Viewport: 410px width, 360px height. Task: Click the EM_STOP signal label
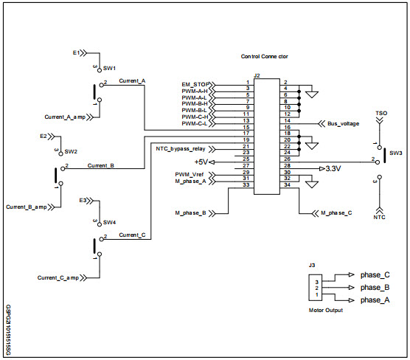(193, 84)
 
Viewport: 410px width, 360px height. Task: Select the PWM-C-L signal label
(195, 123)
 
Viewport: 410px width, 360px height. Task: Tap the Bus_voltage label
(343, 124)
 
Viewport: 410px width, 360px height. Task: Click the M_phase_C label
(336, 213)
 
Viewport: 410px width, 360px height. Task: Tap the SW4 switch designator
(108, 222)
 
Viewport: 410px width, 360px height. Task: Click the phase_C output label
(375, 274)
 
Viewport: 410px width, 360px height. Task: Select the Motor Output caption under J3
(325, 310)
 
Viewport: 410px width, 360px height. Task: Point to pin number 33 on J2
(247, 185)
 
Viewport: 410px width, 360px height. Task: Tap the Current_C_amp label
(58, 277)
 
